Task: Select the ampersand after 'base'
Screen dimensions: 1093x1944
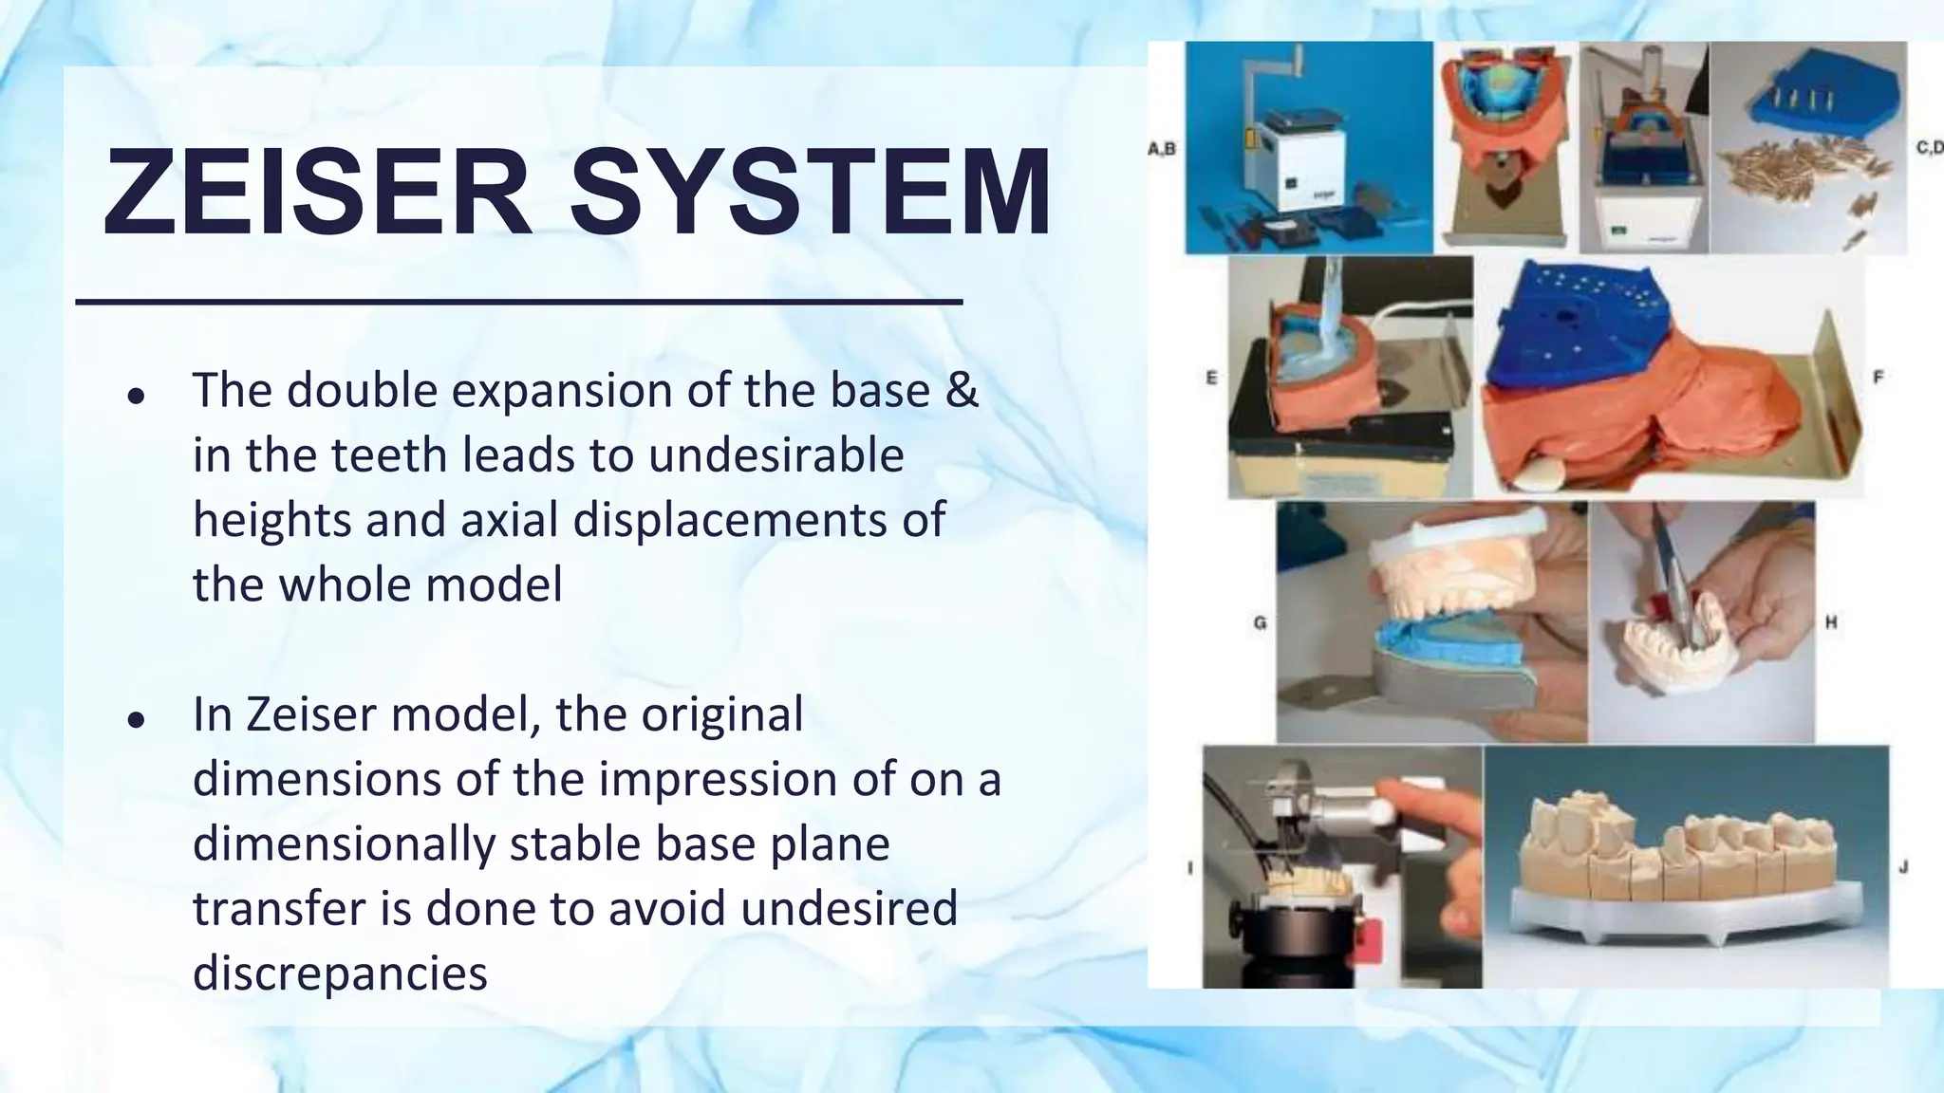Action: pos(962,390)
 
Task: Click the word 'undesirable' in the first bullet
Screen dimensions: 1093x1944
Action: pos(776,454)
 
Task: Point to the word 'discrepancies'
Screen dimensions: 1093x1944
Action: pos(340,973)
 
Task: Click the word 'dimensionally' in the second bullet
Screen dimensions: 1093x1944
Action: pos(343,843)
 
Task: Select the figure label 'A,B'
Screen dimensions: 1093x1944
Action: pos(1161,149)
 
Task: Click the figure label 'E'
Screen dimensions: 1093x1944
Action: pos(1211,378)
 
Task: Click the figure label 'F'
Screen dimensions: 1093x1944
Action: pos(1878,377)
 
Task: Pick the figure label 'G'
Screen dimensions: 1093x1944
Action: pos(1260,623)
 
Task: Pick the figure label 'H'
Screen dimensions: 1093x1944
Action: pos(1831,622)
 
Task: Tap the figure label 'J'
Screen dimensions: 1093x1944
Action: pos(1903,866)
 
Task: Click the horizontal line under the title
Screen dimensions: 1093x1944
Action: pos(518,302)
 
